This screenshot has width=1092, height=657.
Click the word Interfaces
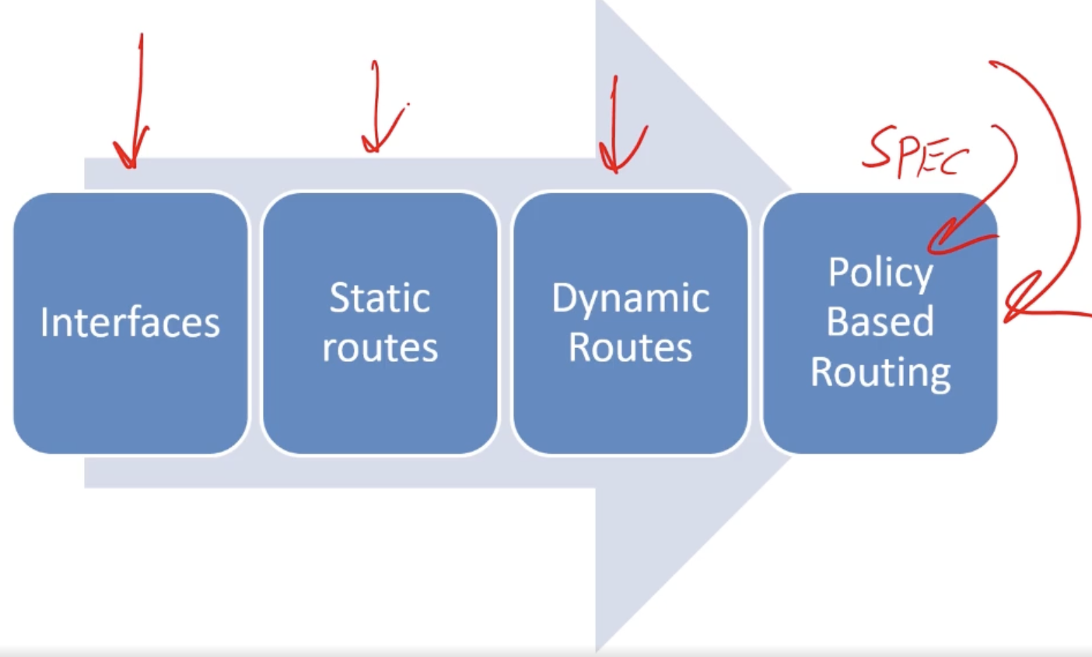[x=130, y=322]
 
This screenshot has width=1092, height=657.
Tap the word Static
[x=380, y=298]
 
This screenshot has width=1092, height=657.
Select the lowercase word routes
[x=380, y=348]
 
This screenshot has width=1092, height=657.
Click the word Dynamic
[x=630, y=299]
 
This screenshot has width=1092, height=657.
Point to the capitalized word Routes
[x=630, y=348]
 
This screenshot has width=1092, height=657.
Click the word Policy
[x=880, y=273]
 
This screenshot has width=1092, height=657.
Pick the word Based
[x=880, y=321]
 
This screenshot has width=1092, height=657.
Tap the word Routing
[x=880, y=372]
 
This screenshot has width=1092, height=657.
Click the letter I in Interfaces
[x=44, y=322]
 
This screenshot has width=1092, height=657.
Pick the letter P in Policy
[x=838, y=272]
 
